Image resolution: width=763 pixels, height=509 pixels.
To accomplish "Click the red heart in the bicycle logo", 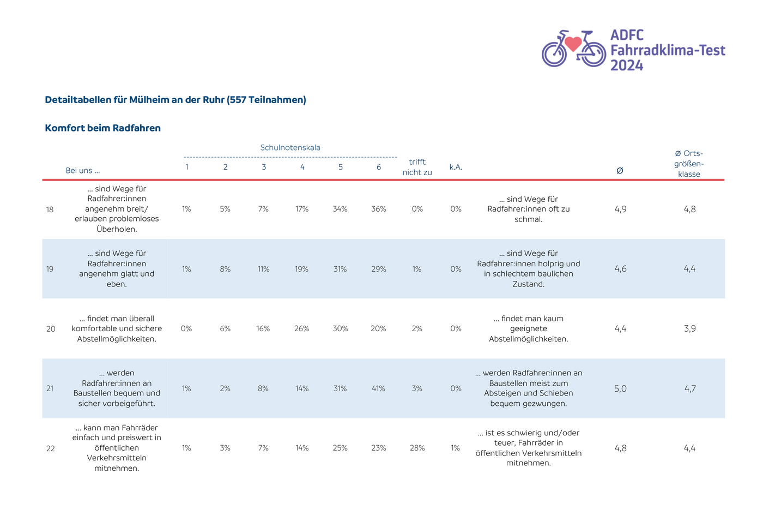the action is pyautogui.click(x=573, y=44).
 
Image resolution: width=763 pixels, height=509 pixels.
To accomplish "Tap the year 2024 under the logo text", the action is pyautogui.click(x=627, y=65).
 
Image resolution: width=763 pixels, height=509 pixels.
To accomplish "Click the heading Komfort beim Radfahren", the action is pyautogui.click(x=102, y=128).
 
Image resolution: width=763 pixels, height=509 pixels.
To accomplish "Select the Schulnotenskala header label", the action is pyautogui.click(x=290, y=148).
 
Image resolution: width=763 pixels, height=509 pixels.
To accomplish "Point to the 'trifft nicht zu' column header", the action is pyautogui.click(x=417, y=167).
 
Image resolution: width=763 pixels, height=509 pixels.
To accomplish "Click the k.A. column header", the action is pyautogui.click(x=456, y=167).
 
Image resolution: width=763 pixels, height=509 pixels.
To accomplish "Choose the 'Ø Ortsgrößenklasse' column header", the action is pyautogui.click(x=689, y=164).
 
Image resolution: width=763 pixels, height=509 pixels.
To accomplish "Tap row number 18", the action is pyautogui.click(x=50, y=209).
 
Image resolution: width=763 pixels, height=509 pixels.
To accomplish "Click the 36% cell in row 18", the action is pyautogui.click(x=378, y=209).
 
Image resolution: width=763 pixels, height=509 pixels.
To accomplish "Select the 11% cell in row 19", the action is pyautogui.click(x=263, y=269).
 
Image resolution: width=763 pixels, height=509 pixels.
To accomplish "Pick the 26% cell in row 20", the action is pyautogui.click(x=302, y=328).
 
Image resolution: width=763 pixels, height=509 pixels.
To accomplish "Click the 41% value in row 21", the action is pyautogui.click(x=378, y=388).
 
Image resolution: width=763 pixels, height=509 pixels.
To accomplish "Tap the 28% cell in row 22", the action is pyautogui.click(x=417, y=448).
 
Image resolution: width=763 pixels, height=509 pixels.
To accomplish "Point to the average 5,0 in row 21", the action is pyautogui.click(x=620, y=388).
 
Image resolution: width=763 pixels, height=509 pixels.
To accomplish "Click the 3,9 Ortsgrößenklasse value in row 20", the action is pyautogui.click(x=690, y=328).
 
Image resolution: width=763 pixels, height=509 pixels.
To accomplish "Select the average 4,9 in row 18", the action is pyautogui.click(x=620, y=209).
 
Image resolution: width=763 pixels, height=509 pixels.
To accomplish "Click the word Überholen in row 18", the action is pyautogui.click(x=117, y=229).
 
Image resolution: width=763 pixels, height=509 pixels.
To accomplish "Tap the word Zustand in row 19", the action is pyautogui.click(x=528, y=284).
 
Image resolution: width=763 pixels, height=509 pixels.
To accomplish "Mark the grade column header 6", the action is pyautogui.click(x=378, y=167).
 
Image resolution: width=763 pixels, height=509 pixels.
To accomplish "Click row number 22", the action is pyautogui.click(x=50, y=448).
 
